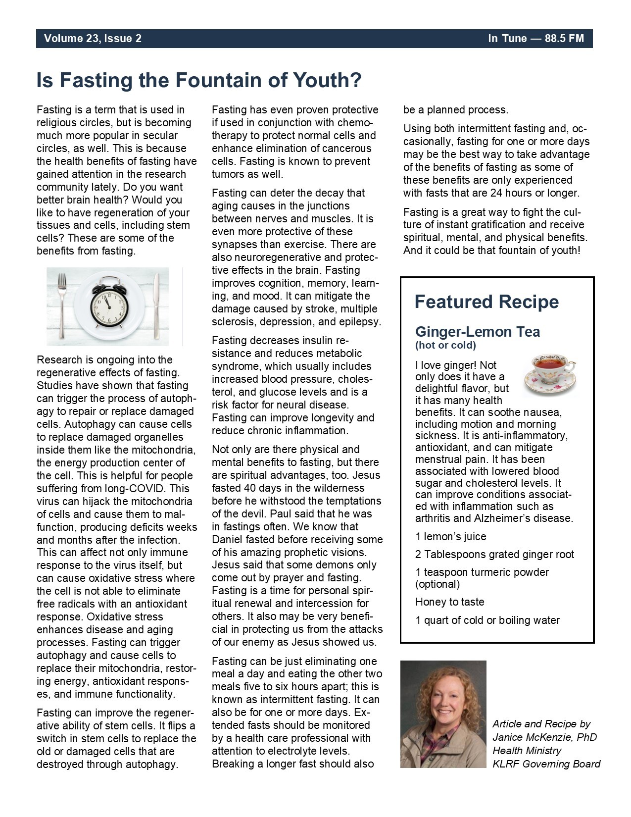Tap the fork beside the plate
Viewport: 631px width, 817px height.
point(62,306)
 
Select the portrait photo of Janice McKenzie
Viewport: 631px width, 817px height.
point(443,714)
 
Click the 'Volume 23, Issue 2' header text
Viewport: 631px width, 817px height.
point(93,39)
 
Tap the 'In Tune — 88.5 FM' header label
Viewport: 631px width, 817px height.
point(536,39)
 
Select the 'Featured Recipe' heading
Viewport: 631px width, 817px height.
point(486,302)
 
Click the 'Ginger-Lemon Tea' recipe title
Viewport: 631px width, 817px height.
point(477,331)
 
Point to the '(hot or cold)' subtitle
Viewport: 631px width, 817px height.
point(445,345)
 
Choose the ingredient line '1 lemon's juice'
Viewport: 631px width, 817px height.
point(450,537)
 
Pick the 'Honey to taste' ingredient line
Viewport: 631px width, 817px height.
point(449,602)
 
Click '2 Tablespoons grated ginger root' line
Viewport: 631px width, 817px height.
point(494,555)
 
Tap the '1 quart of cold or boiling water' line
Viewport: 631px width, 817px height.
point(487,620)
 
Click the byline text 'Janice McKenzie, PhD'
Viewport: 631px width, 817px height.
point(544,737)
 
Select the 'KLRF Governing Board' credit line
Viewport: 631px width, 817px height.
point(546,764)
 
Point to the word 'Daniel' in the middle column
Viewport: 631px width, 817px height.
point(228,540)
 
